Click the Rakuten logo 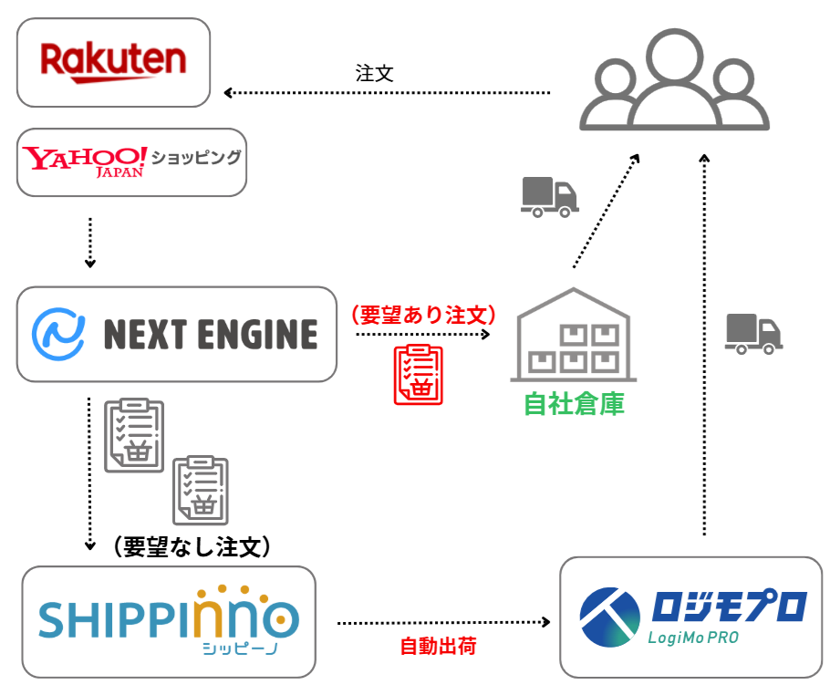coord(113,62)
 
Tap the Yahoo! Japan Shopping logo coord(132,161)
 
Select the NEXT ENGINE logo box coord(176,334)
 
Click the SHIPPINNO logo coord(169,621)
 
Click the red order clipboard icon coord(418,375)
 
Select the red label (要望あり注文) coord(423,316)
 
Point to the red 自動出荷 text coord(439,647)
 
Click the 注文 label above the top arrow coord(375,74)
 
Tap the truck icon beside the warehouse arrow coord(549,197)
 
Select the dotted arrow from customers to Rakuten coord(388,93)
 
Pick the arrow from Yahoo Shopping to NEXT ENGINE coord(89,242)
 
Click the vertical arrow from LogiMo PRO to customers coord(704,347)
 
